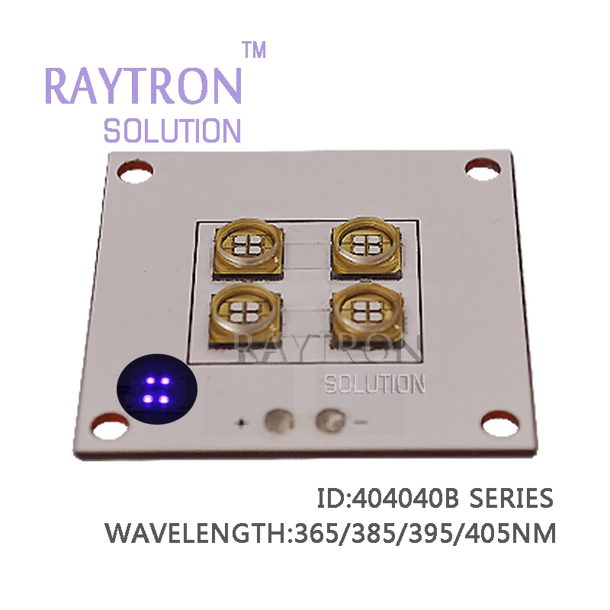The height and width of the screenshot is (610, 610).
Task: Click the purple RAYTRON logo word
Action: point(144,85)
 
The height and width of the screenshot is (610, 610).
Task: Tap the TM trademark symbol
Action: point(255,50)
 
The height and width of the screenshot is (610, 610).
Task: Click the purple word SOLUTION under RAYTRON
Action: point(172,130)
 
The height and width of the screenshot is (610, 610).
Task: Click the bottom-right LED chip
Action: point(368,315)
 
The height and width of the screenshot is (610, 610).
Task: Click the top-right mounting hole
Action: point(483,169)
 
